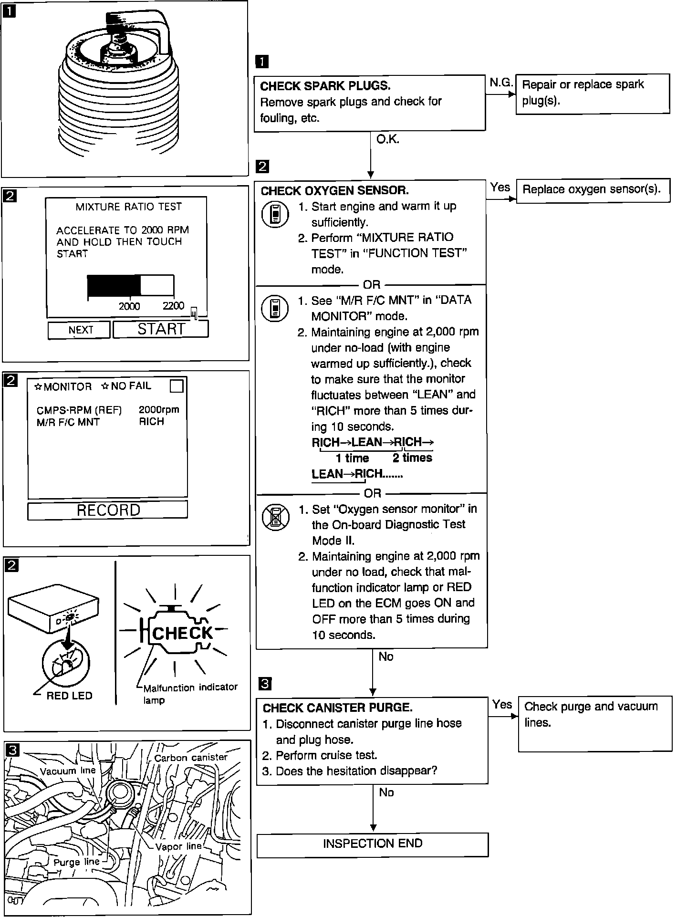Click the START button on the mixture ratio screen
click(x=161, y=329)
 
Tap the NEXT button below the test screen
click(x=79, y=330)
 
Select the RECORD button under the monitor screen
click(x=108, y=510)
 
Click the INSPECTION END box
click(x=373, y=844)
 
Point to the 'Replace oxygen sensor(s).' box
click(x=593, y=190)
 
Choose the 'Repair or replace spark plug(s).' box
click(x=593, y=93)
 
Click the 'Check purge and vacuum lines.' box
click(x=594, y=723)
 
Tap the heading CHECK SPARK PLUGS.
click(x=325, y=86)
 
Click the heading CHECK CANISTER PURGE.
click(x=337, y=708)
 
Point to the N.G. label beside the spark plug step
click(x=500, y=83)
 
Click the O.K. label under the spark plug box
click(x=387, y=139)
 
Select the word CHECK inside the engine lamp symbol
click(x=183, y=633)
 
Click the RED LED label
click(x=69, y=696)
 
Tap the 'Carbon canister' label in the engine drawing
click(x=191, y=758)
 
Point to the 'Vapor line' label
click(x=179, y=846)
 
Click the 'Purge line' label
click(x=76, y=862)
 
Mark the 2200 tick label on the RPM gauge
click(x=173, y=306)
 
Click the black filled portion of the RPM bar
click(x=114, y=285)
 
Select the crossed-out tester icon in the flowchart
click(x=276, y=517)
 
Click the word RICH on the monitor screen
click(x=151, y=421)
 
